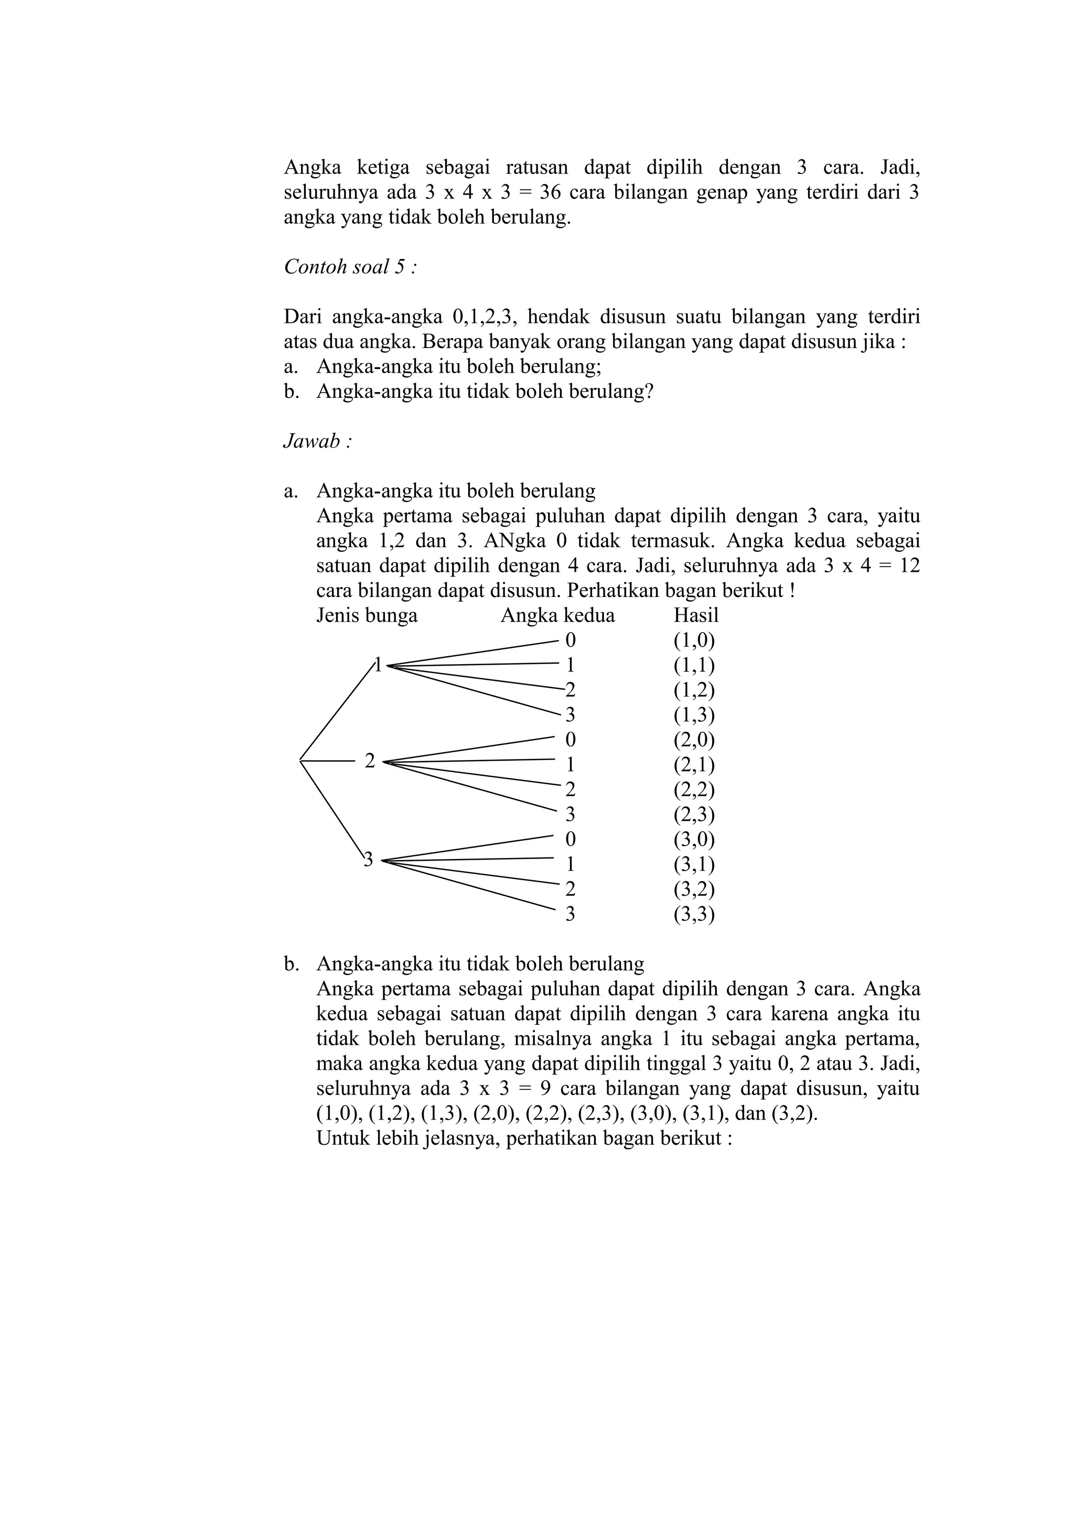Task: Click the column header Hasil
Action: (x=695, y=615)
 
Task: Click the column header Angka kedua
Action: (x=557, y=615)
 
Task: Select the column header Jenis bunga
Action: (x=367, y=615)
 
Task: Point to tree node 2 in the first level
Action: (x=370, y=761)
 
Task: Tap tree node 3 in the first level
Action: (x=369, y=860)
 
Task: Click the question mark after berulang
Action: (x=649, y=391)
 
